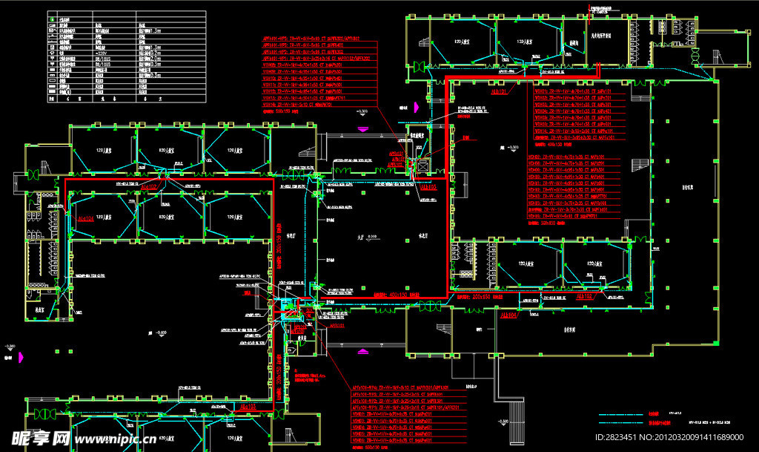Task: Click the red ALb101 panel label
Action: [500, 92]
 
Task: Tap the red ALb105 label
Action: [428, 188]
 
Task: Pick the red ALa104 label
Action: [84, 219]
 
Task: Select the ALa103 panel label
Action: [247, 407]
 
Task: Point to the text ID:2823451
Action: [622, 438]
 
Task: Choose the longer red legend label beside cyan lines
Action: [659, 424]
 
